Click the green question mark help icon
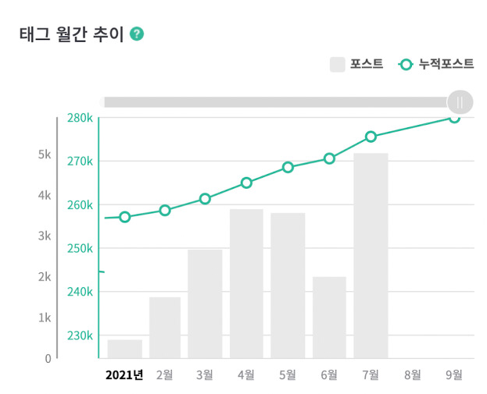click(137, 34)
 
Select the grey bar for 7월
click(371, 256)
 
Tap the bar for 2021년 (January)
click(125, 349)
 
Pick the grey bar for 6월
click(329, 318)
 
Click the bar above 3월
click(205, 304)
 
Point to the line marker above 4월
click(246, 183)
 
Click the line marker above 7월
click(371, 137)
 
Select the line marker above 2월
click(165, 211)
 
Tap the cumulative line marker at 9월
click(454, 118)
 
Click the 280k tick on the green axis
click(80, 118)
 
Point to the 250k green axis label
click(80, 248)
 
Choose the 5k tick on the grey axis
click(45, 154)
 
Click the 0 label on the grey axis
click(48, 359)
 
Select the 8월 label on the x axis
click(413, 375)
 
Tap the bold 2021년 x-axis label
click(124, 375)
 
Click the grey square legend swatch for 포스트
click(337, 65)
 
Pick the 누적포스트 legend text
click(446, 64)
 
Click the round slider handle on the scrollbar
click(460, 102)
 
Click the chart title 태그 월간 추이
click(72, 34)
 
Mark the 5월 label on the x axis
click(288, 375)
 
